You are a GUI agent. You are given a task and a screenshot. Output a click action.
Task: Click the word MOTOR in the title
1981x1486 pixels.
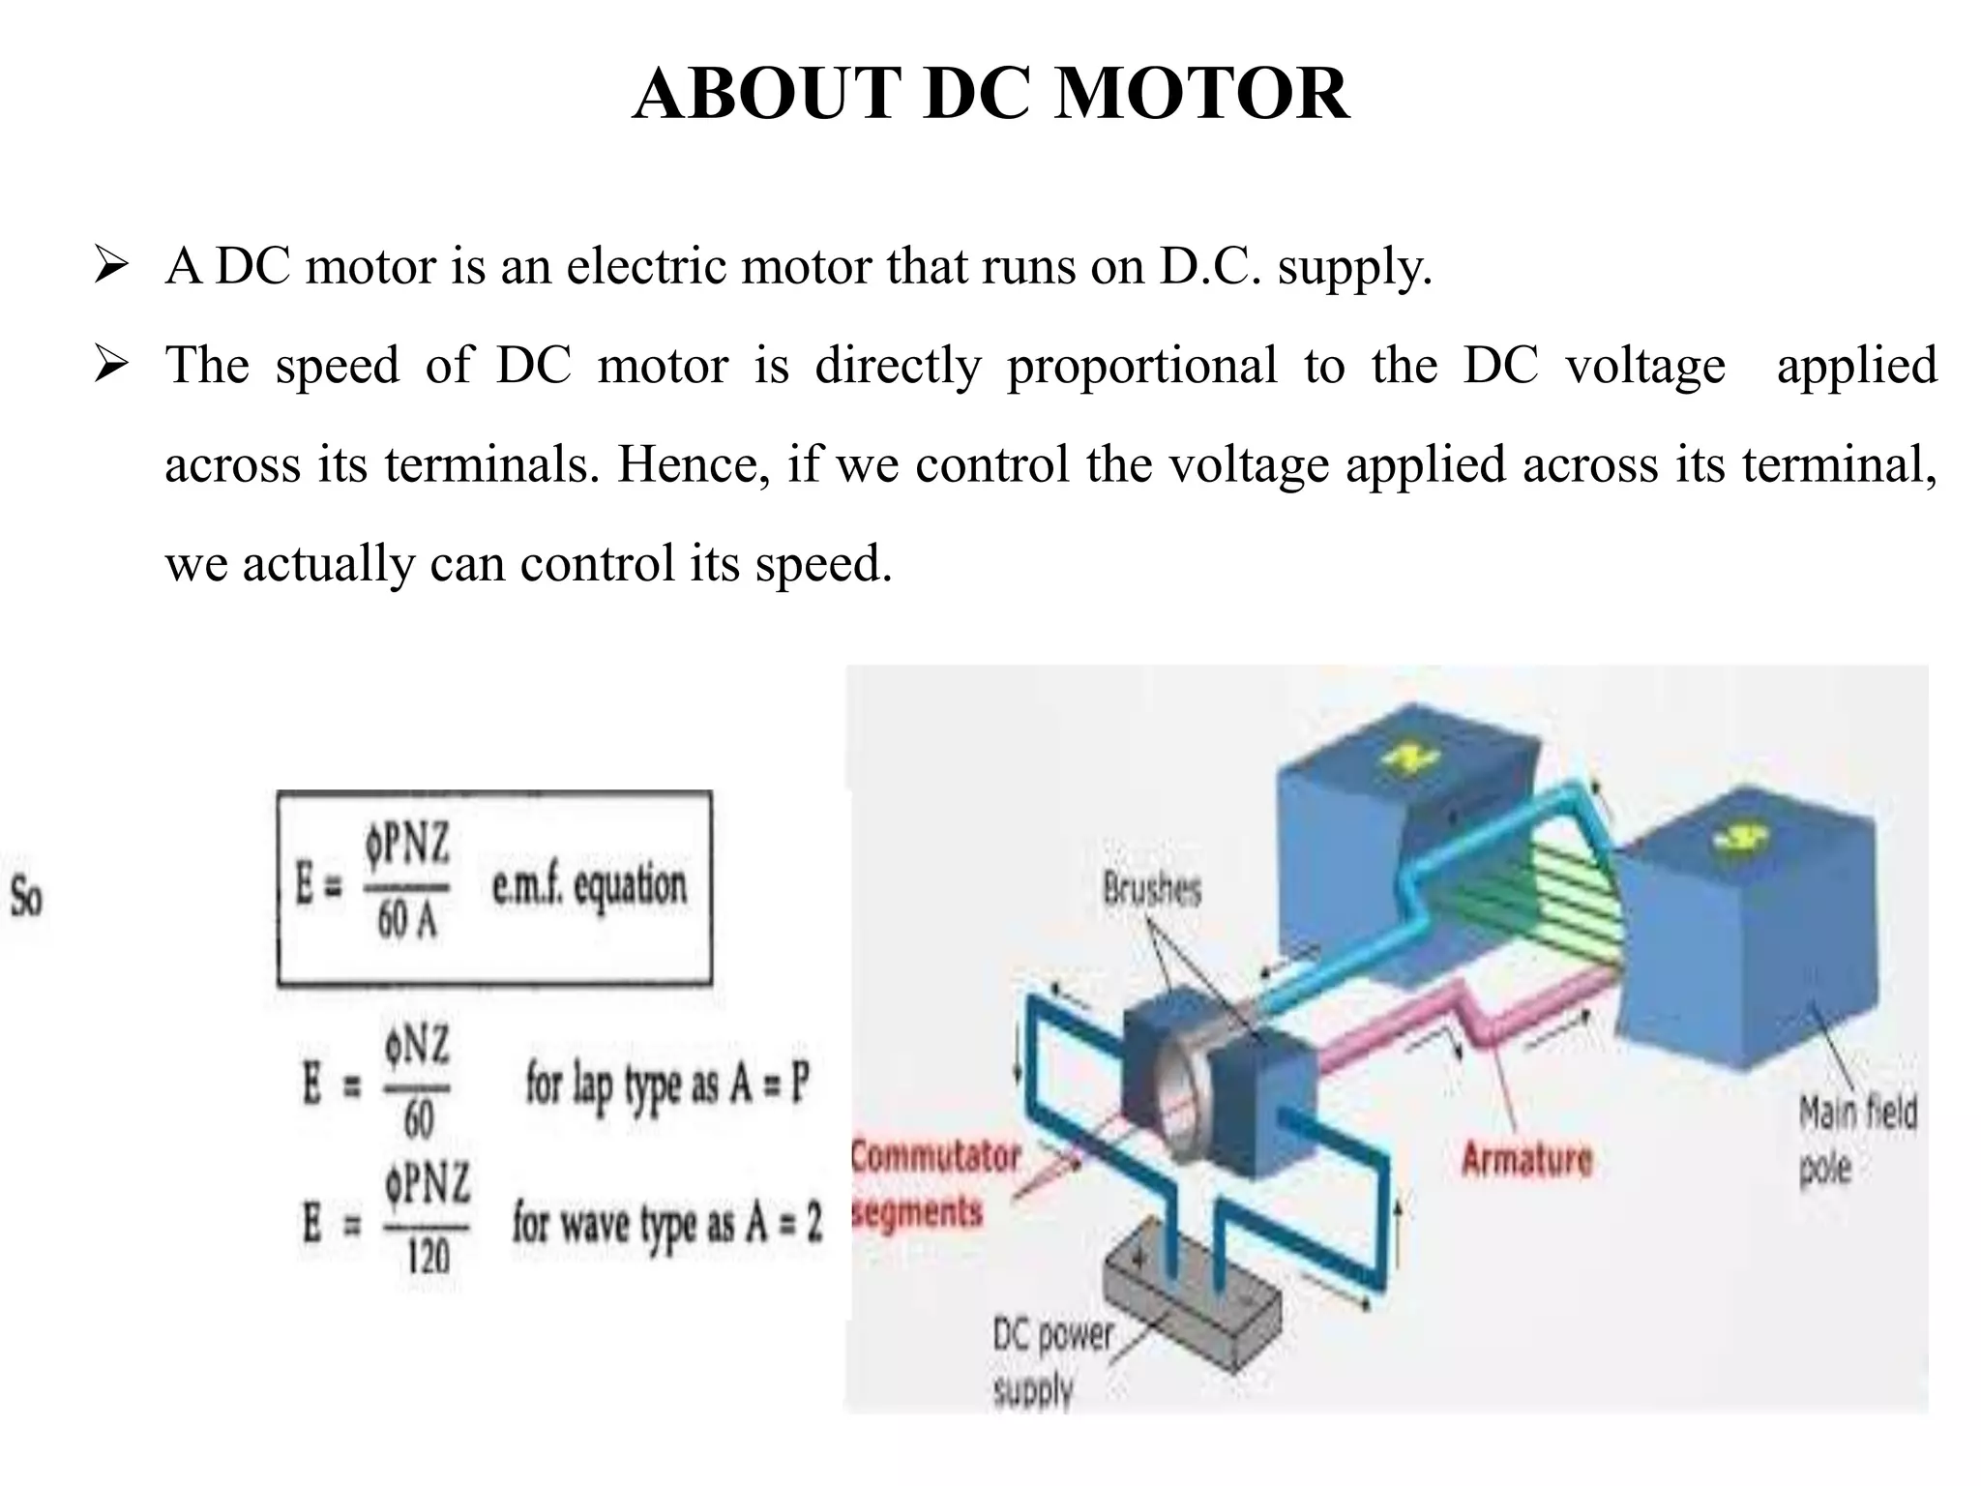[1201, 94]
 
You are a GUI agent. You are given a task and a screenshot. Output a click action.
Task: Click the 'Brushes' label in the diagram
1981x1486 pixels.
[1151, 888]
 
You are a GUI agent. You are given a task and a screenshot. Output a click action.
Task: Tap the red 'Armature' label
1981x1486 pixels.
[1526, 1159]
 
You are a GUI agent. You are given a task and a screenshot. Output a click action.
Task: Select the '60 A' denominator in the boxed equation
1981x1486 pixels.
[407, 920]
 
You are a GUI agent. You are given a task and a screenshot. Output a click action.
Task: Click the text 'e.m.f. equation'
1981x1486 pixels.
[589, 886]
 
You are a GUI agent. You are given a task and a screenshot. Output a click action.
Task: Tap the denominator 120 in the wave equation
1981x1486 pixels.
[428, 1257]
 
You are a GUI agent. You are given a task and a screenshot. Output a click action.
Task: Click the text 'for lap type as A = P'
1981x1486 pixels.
[666, 1083]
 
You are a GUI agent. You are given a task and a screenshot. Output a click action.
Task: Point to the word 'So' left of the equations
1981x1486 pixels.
[26, 898]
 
